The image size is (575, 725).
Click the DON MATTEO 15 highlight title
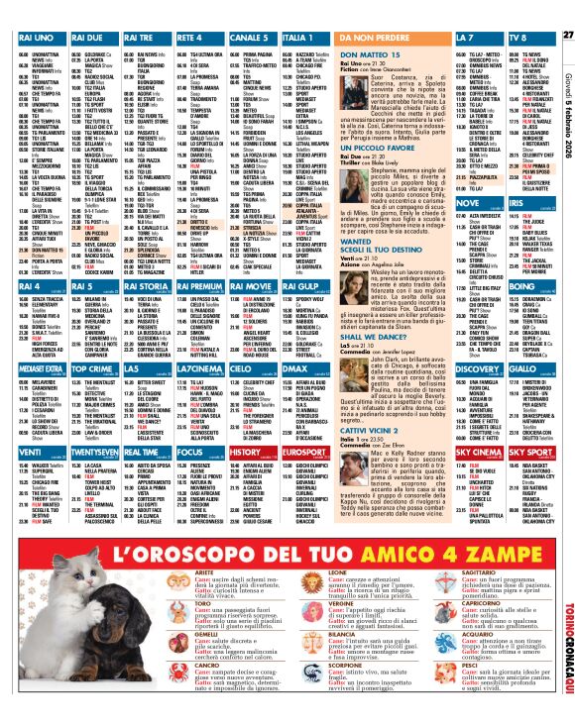click(375, 57)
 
